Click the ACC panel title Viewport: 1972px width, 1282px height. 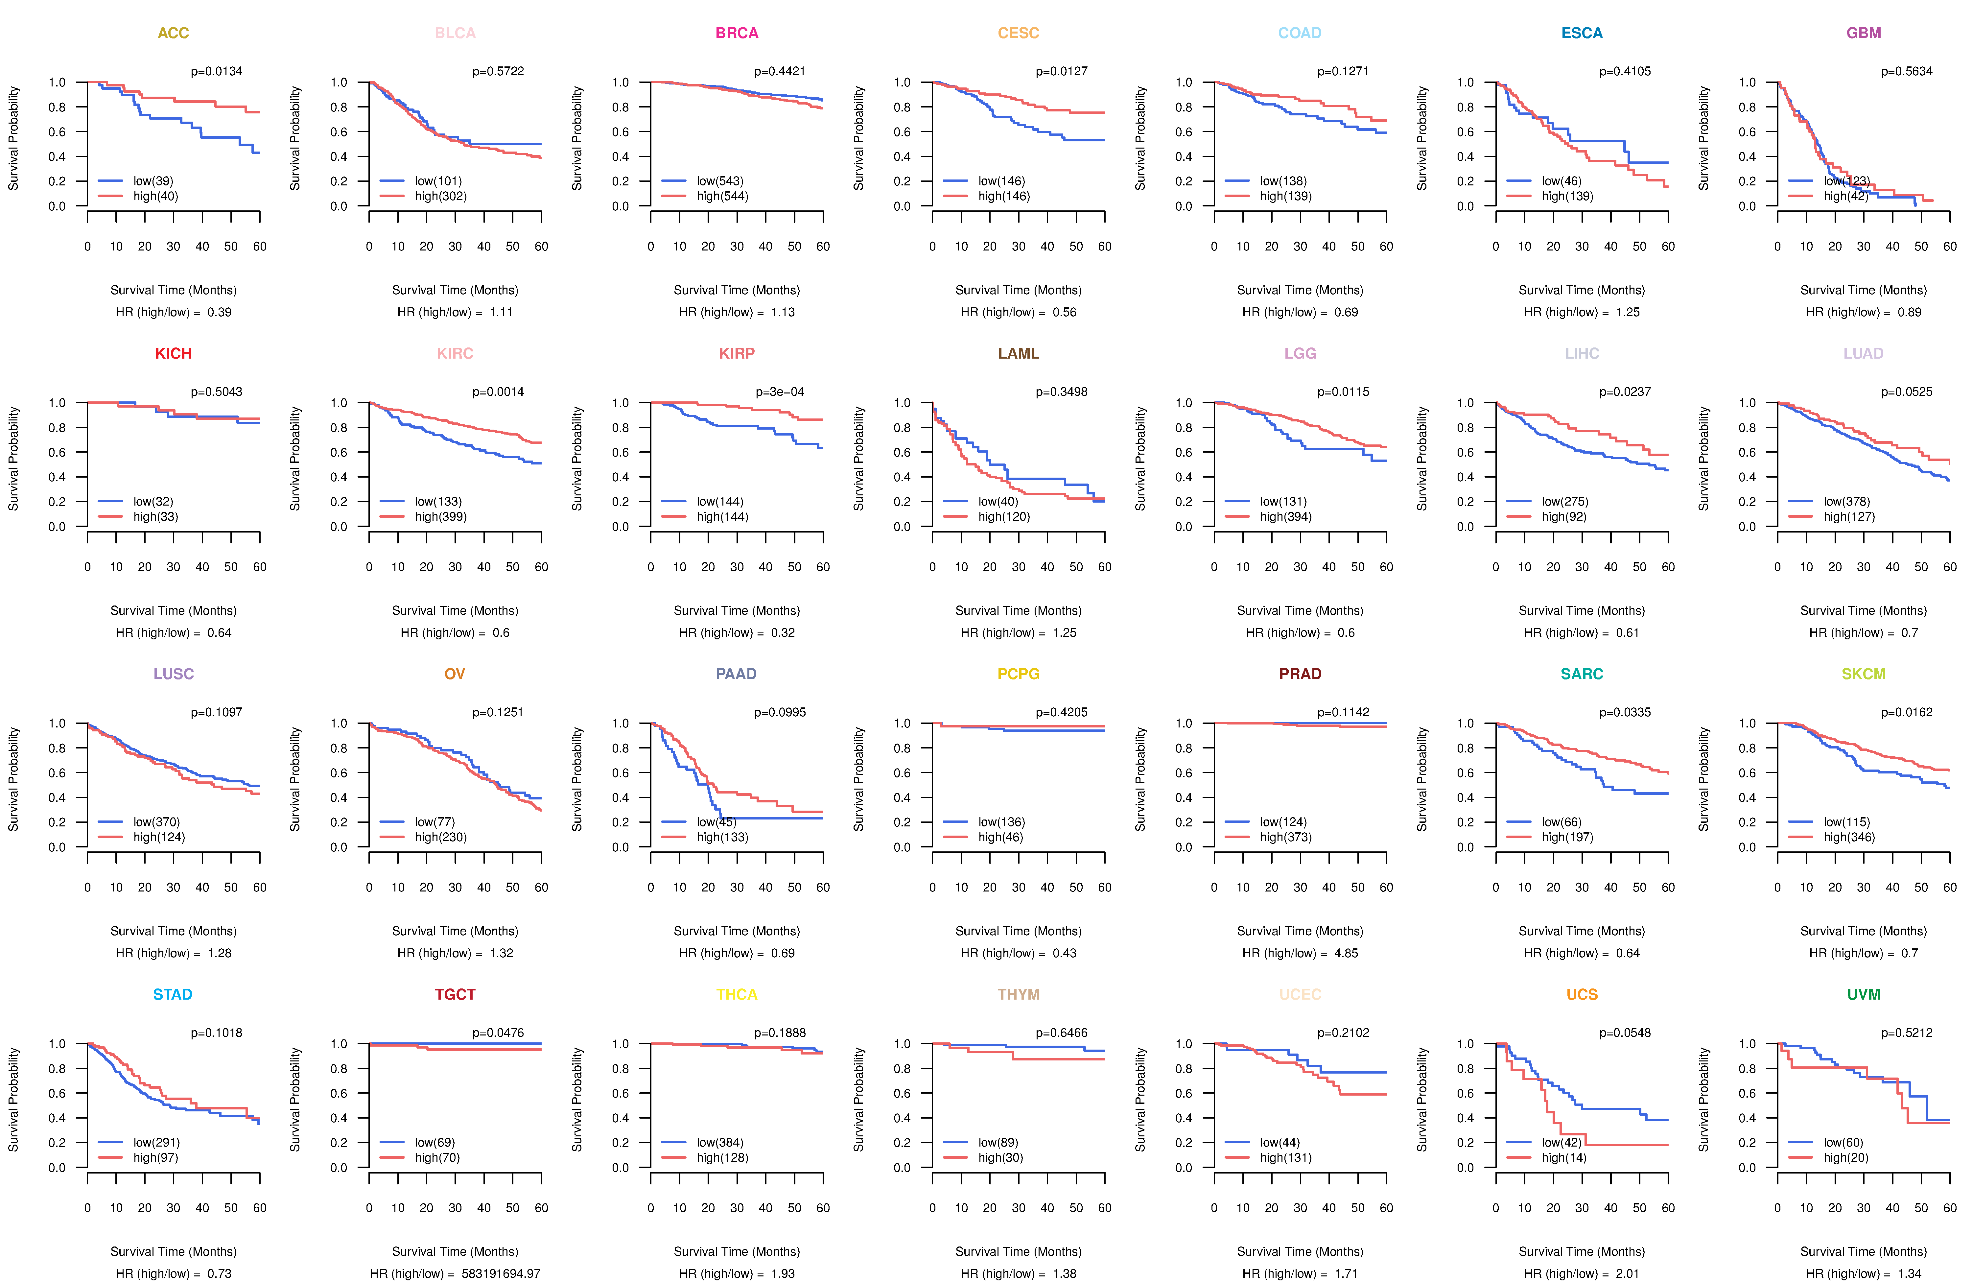[x=173, y=33]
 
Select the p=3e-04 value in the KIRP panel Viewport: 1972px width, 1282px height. [x=780, y=392]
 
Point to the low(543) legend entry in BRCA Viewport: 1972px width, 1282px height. [x=719, y=181]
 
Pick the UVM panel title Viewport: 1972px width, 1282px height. [x=1864, y=994]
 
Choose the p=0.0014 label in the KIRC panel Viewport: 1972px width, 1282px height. [x=498, y=392]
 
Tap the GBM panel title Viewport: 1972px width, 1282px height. [x=1864, y=33]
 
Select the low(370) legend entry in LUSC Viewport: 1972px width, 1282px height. [x=156, y=822]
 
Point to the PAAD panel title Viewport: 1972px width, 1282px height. [x=737, y=674]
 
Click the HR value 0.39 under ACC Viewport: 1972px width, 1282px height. [x=220, y=312]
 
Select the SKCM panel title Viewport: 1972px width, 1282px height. [x=1864, y=674]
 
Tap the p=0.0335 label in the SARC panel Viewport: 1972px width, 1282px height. [x=1625, y=713]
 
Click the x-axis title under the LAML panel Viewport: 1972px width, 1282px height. [x=1018, y=611]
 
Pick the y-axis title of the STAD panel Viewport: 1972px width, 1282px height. [x=13, y=1100]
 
